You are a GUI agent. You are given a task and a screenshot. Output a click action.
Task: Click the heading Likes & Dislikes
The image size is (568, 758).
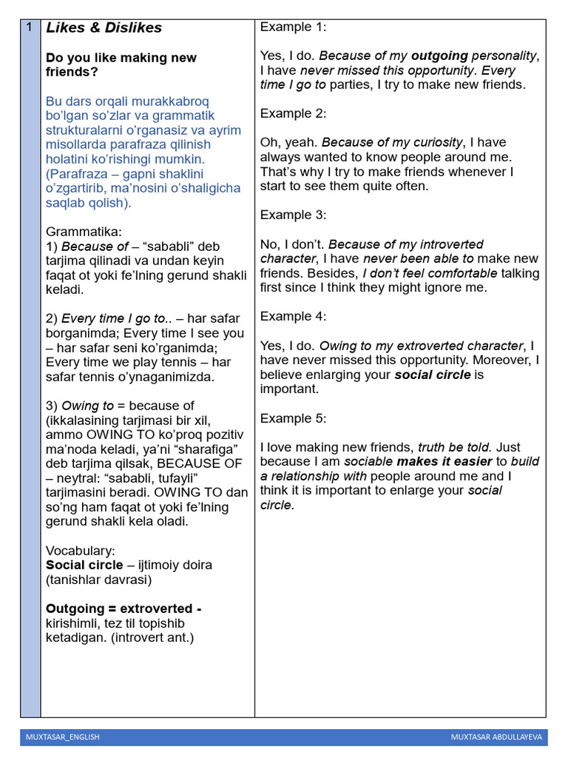[104, 28]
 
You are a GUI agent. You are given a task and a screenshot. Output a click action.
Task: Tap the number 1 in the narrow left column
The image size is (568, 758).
[28, 27]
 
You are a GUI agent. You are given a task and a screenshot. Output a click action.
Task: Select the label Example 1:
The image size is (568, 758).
[293, 27]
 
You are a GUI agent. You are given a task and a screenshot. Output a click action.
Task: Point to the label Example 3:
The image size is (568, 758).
[293, 215]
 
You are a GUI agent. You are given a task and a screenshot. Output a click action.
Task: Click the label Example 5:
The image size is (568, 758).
[293, 418]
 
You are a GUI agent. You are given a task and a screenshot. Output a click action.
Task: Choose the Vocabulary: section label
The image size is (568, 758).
[81, 551]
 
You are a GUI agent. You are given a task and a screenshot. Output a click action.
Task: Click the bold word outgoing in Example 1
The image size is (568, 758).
[440, 56]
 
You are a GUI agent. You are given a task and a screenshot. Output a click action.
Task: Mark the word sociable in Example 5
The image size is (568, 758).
[370, 462]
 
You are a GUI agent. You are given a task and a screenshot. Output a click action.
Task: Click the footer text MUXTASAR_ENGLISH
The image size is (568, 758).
[62, 737]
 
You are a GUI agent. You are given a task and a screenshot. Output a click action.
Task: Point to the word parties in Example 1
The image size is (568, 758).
[349, 85]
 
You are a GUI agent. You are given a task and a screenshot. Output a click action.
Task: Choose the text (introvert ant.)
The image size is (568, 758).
[152, 637]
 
